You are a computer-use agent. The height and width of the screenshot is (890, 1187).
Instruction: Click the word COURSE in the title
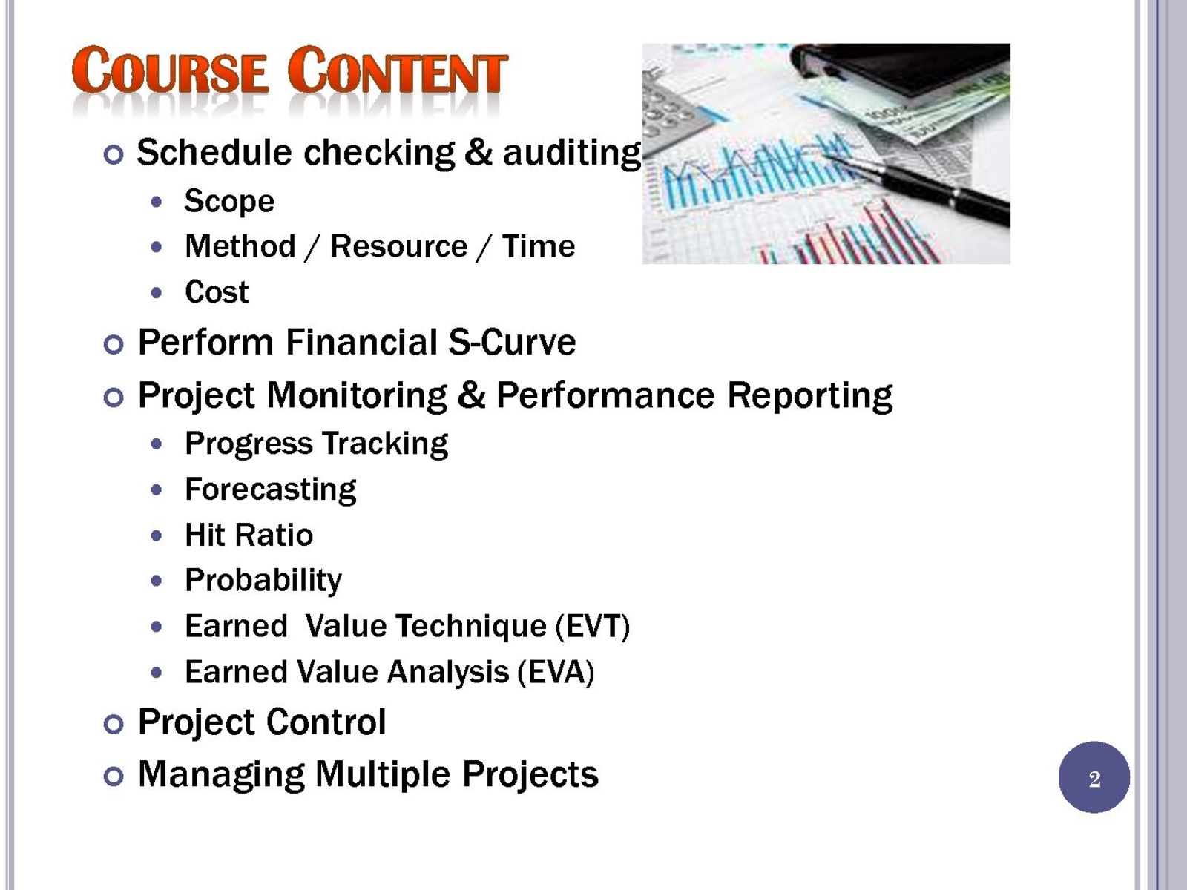coord(169,70)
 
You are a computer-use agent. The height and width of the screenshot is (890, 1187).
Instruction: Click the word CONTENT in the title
coord(398,70)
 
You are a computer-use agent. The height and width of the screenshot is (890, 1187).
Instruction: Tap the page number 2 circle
coord(1094,777)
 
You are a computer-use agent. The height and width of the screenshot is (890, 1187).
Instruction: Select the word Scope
coord(229,202)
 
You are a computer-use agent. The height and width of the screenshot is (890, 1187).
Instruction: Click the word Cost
coord(217,291)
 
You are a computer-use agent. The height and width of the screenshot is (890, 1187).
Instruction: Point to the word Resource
coord(398,246)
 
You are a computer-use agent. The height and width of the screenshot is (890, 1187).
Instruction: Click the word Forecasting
coord(270,490)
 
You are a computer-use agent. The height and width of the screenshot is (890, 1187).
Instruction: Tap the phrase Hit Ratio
coord(249,535)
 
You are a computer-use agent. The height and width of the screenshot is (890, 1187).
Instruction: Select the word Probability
coord(263,581)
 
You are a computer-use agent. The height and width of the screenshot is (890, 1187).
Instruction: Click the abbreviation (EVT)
coord(593,627)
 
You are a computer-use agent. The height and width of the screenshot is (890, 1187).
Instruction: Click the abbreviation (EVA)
coord(556,672)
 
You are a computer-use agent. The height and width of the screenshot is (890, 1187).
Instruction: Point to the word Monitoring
coord(358,396)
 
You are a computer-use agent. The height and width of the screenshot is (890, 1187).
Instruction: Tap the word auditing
coord(572,154)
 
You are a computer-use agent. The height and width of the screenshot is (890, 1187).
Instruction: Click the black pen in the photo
coord(919,184)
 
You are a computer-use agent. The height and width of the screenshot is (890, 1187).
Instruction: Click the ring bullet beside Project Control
coord(114,724)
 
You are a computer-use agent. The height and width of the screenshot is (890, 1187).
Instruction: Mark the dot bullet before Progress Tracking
coord(157,444)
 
